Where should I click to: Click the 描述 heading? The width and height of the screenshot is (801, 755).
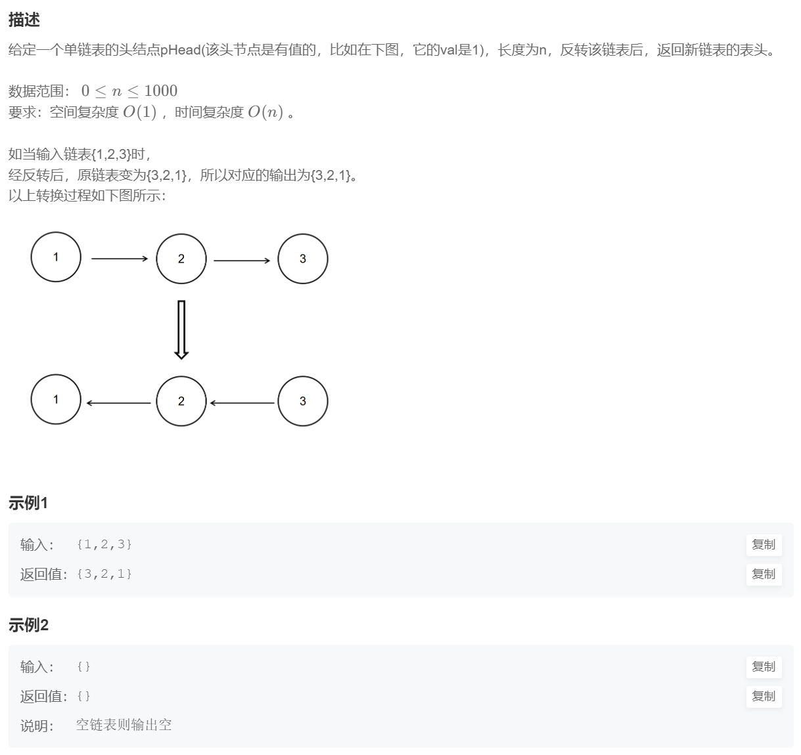[24, 20]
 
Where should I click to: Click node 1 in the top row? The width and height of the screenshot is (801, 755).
[56, 257]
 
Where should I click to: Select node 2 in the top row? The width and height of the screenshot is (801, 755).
[181, 259]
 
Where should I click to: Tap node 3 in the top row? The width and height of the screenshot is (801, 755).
[303, 259]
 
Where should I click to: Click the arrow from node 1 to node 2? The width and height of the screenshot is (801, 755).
[120, 259]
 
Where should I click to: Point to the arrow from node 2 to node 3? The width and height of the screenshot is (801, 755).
[242, 261]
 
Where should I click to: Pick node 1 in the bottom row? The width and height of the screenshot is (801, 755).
[56, 399]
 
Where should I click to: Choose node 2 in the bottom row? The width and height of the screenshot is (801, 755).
[181, 401]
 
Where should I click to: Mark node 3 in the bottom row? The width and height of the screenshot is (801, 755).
[303, 401]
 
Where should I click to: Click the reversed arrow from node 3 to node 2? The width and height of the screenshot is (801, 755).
[242, 403]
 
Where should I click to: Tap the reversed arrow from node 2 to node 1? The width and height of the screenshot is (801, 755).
[119, 403]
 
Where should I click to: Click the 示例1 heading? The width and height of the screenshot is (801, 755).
[28, 503]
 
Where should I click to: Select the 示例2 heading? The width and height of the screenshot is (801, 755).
[28, 625]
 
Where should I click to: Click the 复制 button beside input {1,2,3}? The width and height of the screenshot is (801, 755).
[764, 544]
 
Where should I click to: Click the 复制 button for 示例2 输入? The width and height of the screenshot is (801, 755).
[764, 666]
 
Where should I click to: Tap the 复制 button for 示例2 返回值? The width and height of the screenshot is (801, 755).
[764, 696]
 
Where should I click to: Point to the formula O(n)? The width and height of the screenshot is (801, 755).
[265, 112]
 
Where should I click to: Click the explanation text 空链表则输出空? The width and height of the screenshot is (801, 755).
[124, 725]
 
